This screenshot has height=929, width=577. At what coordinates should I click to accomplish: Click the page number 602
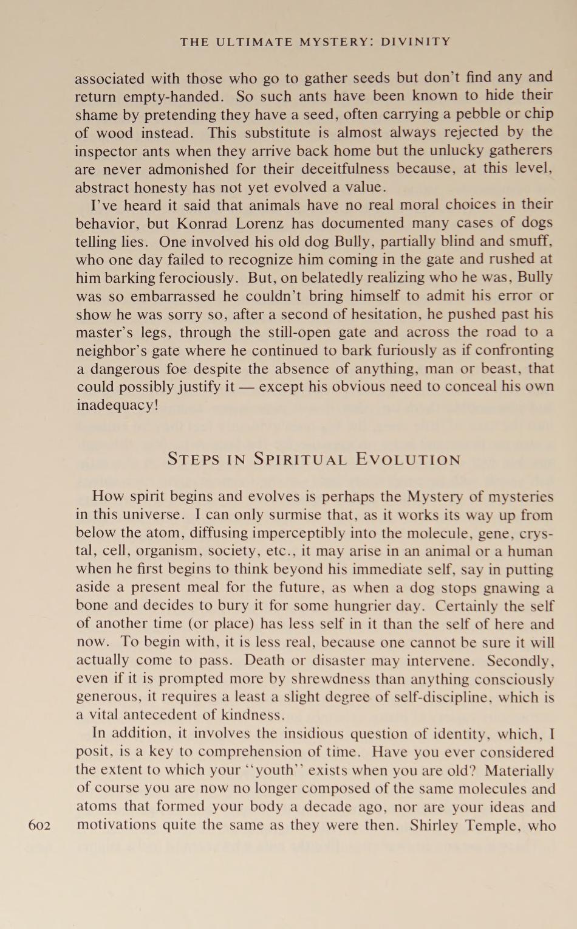tap(39, 826)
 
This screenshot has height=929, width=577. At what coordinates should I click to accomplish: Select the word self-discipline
tap(442, 697)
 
